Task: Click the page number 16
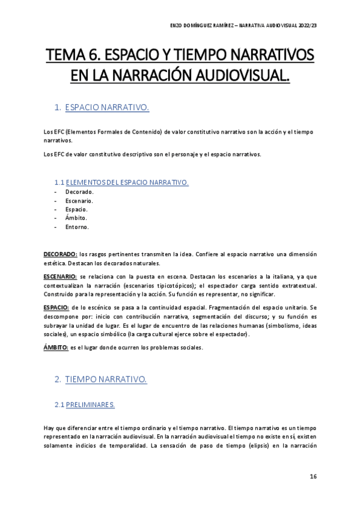313,476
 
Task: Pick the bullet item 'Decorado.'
79,192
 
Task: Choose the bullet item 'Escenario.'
79,201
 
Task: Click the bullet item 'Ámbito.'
76,218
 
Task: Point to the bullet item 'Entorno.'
78,227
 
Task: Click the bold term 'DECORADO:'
60,254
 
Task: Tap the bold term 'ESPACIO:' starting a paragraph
56,307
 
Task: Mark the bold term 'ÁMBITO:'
56,347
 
